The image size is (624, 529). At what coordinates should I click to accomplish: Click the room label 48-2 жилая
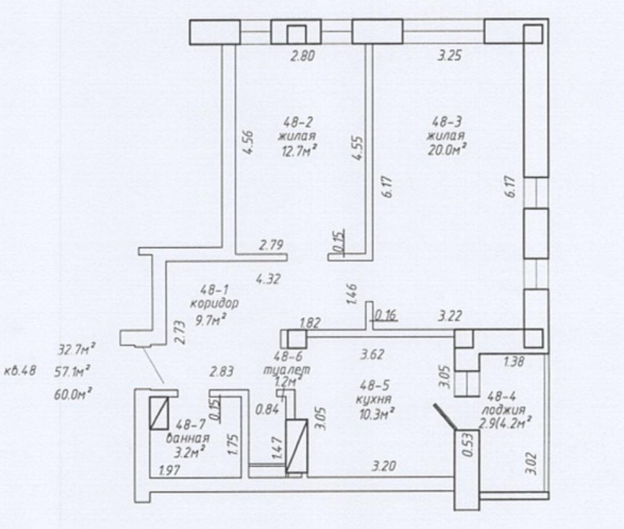point(297,129)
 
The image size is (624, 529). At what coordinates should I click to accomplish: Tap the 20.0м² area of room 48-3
point(446,150)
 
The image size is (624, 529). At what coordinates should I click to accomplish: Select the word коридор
point(214,303)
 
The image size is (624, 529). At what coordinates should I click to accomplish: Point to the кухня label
point(374,399)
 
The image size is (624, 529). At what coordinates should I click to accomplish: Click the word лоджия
point(503,410)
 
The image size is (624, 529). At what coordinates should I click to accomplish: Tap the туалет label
point(287,370)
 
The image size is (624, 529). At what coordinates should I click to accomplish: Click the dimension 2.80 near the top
point(302,56)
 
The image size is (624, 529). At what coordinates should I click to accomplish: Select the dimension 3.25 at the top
point(449,56)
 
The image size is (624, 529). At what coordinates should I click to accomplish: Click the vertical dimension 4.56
point(248,142)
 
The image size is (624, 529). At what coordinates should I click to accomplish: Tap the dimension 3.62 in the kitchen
point(372,354)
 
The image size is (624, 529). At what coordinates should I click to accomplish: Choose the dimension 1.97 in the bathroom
point(170,471)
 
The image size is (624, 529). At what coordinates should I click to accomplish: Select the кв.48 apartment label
point(20,371)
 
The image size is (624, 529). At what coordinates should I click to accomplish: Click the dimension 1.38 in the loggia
point(513,362)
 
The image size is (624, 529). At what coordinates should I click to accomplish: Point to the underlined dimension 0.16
point(386,315)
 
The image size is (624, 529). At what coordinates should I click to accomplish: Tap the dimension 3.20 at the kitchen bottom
point(383,465)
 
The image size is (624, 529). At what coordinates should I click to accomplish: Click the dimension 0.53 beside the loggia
point(469,445)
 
